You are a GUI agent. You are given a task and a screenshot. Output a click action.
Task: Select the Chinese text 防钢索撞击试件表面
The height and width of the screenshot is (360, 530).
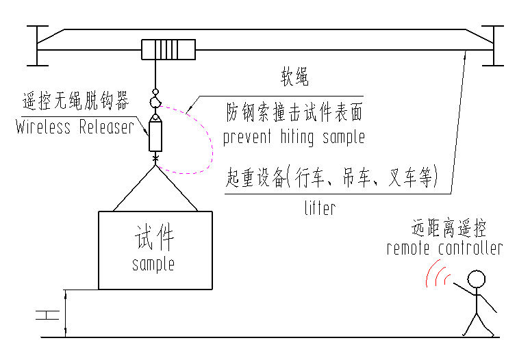tap(295, 112)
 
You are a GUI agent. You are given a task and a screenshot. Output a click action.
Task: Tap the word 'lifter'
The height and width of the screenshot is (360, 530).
tap(319, 207)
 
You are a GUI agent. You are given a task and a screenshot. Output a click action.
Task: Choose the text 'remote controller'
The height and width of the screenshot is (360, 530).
tap(444, 248)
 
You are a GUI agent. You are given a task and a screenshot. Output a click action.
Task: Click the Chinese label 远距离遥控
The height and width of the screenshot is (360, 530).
tap(445, 226)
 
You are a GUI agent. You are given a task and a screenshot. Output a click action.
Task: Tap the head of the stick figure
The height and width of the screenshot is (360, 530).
tap(476, 279)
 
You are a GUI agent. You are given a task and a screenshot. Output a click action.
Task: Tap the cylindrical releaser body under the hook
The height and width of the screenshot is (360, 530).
tap(155, 135)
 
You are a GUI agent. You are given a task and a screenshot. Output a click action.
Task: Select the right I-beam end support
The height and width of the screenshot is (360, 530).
tap(492, 46)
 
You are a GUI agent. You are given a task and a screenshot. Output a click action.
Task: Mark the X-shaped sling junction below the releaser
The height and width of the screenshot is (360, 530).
tap(156, 161)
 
